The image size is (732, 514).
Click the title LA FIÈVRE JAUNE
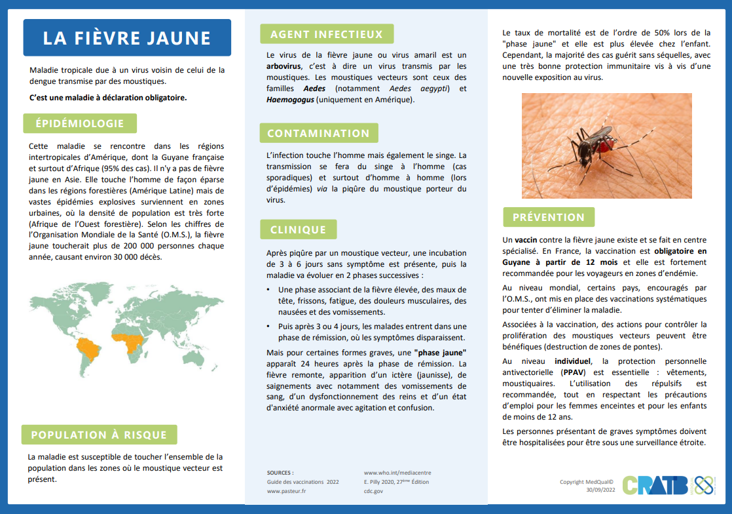pos(127,37)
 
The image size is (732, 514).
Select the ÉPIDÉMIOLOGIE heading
pos(79,123)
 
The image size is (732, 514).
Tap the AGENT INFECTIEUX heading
pos(326,34)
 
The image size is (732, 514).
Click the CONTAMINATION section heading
pos(318,133)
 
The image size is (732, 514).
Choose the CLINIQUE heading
pos(298,229)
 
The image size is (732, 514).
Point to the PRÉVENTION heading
pos(548,217)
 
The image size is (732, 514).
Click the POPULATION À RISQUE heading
pos(99,435)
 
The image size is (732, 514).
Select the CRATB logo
pos(655,484)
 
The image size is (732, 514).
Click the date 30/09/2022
pos(600,490)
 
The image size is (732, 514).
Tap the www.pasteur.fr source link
pos(287,490)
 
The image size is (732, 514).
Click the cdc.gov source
pos(374,490)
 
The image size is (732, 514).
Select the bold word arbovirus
pos(284,66)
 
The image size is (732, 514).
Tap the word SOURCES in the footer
pos(280,472)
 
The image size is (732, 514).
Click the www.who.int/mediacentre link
pos(397,472)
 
